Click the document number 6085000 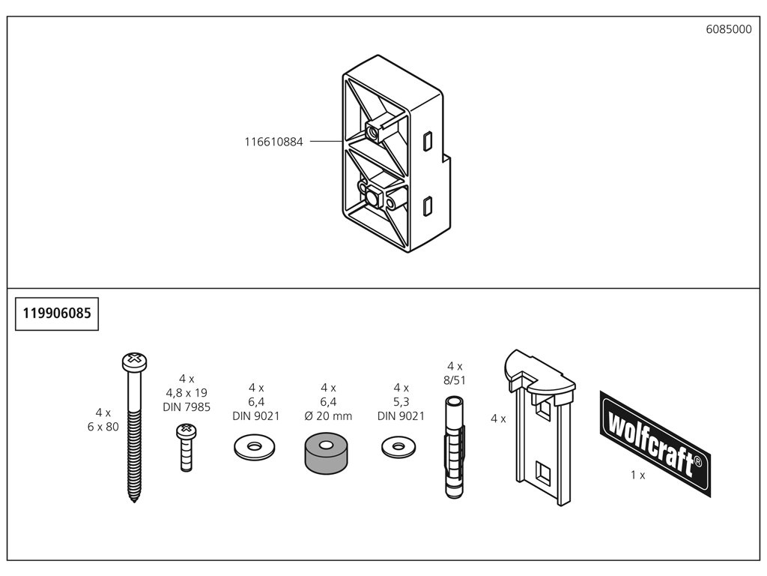click(x=727, y=29)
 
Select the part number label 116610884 click(x=273, y=141)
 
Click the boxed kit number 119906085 click(x=58, y=313)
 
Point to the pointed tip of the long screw click(x=134, y=498)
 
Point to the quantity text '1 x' click(x=637, y=475)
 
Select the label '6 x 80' click(x=103, y=427)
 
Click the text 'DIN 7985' click(x=187, y=407)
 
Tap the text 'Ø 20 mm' click(x=327, y=415)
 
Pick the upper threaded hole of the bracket click(x=372, y=133)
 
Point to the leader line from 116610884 click(x=326, y=141)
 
